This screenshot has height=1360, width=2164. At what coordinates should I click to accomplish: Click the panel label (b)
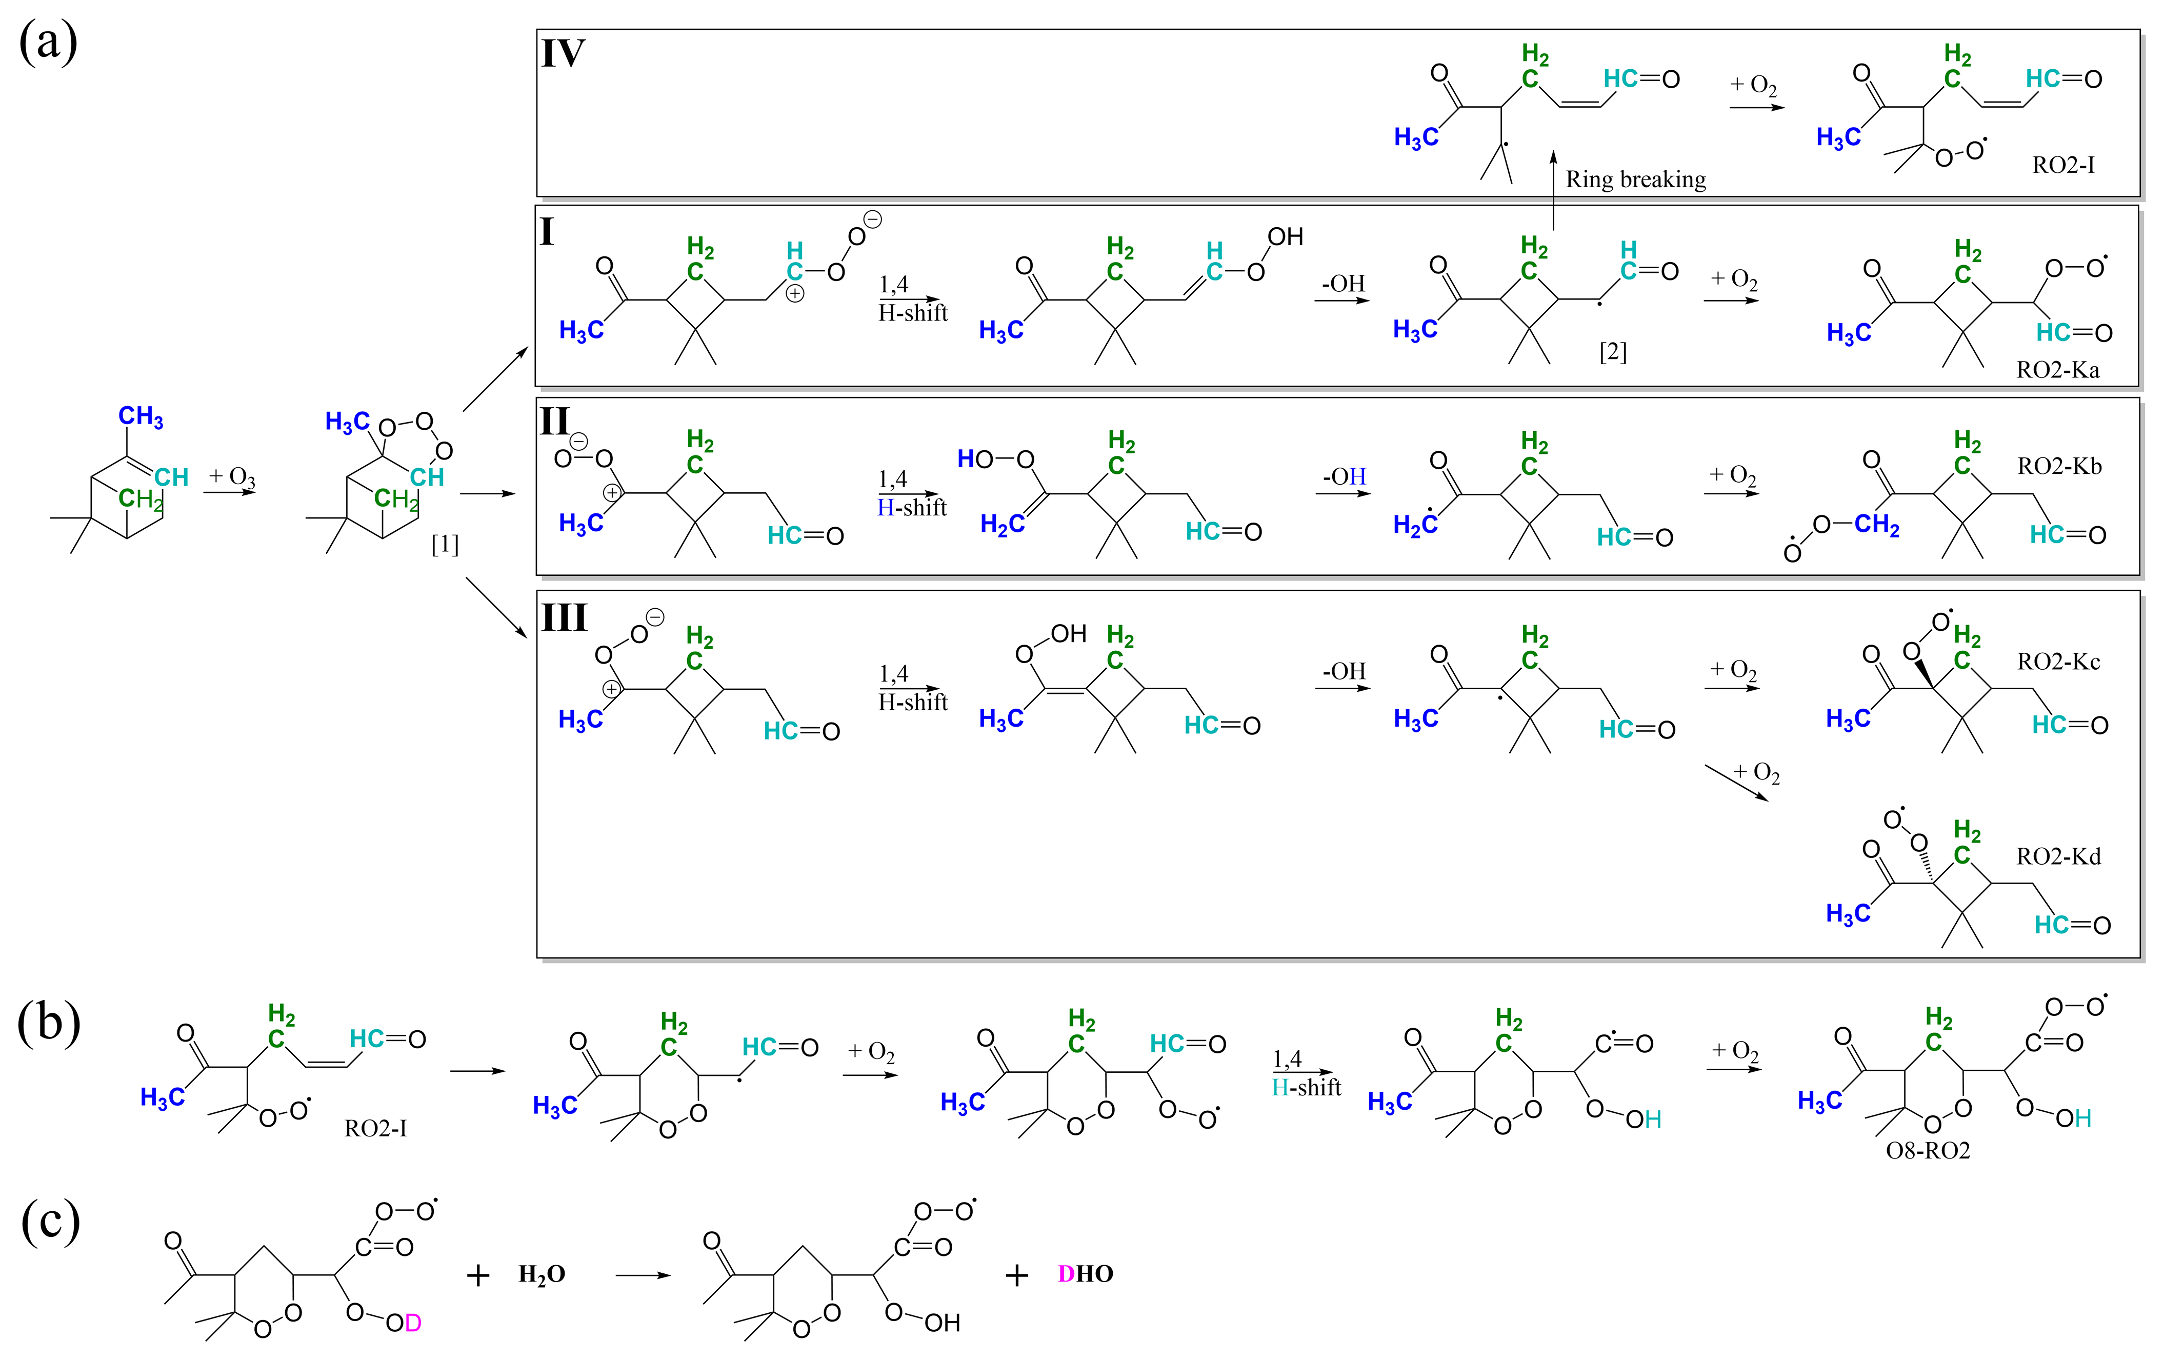click(x=49, y=1024)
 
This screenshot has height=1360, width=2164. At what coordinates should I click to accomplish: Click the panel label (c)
click(x=50, y=1223)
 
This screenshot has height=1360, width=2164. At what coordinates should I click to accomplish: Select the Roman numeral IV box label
click(x=564, y=54)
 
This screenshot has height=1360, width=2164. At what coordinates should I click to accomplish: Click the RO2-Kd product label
click(x=2058, y=856)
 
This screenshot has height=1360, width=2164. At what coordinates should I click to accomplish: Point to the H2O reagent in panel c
click(x=542, y=1274)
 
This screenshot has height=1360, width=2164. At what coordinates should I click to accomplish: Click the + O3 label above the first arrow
click(x=232, y=476)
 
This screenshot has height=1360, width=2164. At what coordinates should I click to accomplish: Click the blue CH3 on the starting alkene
click(x=141, y=417)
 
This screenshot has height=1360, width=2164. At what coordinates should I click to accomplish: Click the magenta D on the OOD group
click(x=412, y=1323)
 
